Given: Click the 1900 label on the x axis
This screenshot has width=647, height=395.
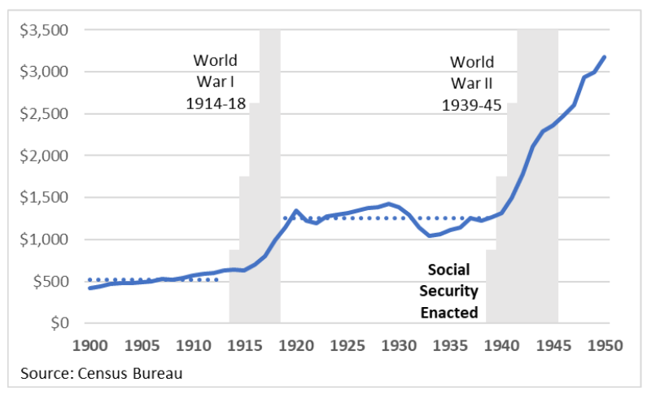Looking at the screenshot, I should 89,345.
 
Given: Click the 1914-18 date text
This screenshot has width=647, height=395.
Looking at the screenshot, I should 216,103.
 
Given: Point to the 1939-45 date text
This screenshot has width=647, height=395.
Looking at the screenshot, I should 472,104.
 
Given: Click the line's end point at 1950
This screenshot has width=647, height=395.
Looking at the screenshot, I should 605,57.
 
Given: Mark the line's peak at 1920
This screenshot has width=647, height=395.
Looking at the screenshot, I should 295,211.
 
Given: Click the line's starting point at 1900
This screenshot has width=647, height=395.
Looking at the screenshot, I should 90,288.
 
